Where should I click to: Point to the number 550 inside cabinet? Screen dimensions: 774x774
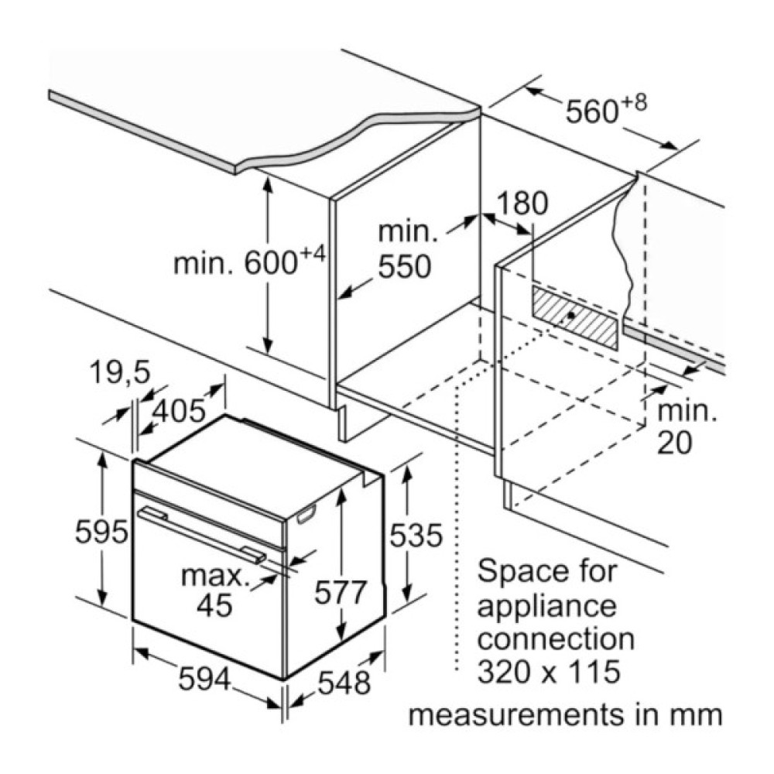coord(404,267)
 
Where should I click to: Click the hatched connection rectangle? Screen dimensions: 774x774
coord(575,317)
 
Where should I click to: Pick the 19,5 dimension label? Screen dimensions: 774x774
coord(116,373)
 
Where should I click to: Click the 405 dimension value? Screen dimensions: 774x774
coord(177,411)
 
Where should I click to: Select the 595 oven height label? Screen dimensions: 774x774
coord(101,532)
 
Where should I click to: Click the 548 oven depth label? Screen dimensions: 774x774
coord(344,683)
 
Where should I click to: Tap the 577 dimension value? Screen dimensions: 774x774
coord(341,593)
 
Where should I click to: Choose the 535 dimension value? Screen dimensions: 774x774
coord(415,535)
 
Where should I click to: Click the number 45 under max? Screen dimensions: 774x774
coord(214,605)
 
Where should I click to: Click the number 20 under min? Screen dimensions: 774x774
coord(674,442)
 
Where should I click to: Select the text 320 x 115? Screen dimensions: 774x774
coord(548,672)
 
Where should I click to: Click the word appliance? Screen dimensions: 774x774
coord(547,605)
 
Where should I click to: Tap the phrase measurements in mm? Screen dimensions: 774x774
coord(565,714)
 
